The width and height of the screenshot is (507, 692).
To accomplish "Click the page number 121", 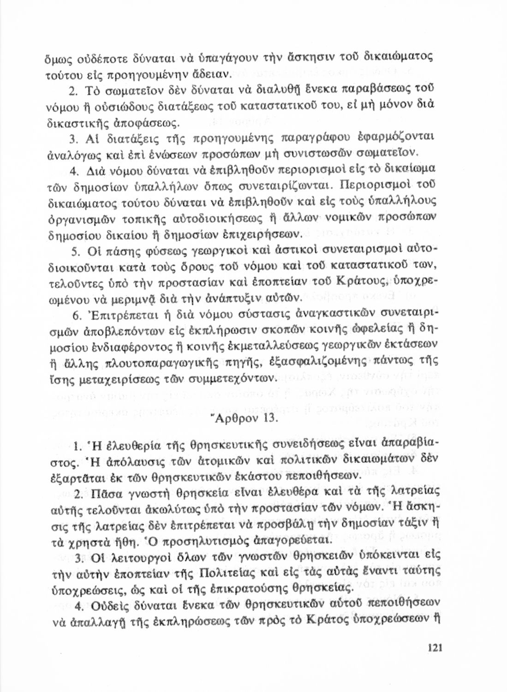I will click(435, 648).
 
